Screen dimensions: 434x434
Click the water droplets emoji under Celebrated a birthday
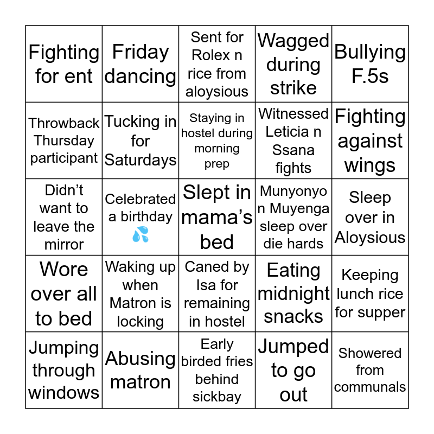point(140,235)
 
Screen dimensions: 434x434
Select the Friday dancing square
point(141,64)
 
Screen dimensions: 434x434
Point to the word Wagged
point(293,41)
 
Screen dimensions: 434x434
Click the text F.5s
point(370,76)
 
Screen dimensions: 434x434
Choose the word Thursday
point(64,141)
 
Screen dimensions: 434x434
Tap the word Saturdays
point(141,160)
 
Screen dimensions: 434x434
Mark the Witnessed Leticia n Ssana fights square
point(293,141)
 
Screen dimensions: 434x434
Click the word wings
point(370,165)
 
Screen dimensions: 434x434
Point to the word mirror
point(64,244)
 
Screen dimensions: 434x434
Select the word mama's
point(217,217)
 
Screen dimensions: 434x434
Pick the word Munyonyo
point(293,191)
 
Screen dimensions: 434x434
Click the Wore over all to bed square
point(64,293)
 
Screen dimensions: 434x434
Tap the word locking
point(141,322)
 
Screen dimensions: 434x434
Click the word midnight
point(293,293)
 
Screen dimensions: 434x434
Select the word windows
point(64,392)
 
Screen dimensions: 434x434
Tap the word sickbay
point(217,397)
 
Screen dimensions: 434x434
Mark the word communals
point(370,387)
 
